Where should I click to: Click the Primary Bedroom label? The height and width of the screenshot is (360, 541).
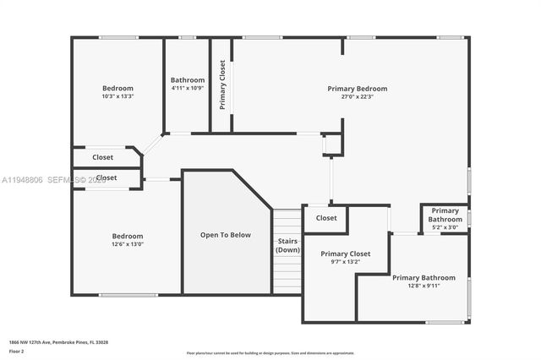click(x=358, y=89)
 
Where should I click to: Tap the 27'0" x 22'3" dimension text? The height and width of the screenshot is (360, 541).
click(x=358, y=97)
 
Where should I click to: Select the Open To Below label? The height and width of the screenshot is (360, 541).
click(x=225, y=235)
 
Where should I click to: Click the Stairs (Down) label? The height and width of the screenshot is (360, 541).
click(x=287, y=245)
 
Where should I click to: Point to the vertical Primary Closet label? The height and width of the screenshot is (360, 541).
click(x=222, y=85)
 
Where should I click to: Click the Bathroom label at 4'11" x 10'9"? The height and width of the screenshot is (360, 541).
click(x=188, y=80)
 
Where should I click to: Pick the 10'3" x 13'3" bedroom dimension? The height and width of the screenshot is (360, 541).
click(x=118, y=96)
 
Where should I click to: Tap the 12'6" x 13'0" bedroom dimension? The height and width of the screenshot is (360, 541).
click(x=128, y=244)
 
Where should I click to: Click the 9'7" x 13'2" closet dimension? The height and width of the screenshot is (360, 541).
click(x=345, y=262)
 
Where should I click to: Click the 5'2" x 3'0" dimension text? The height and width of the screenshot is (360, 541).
click(x=445, y=227)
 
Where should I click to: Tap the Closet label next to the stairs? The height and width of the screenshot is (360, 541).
click(x=326, y=218)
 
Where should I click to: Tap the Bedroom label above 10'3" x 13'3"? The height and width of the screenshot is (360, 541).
click(x=118, y=89)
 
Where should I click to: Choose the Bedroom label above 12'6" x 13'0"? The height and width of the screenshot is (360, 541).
click(x=128, y=236)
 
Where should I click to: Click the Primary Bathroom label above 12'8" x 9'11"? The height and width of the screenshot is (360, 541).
click(x=423, y=277)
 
